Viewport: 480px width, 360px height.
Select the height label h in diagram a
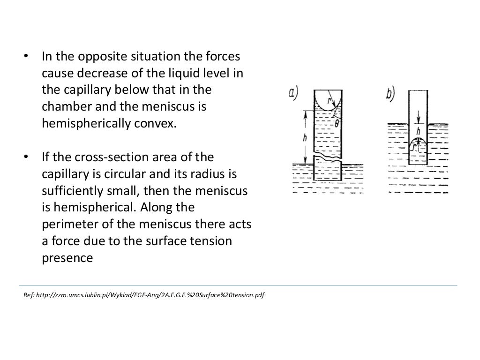304,138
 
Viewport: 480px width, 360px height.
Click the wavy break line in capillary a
327,155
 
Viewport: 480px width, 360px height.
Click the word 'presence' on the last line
61,258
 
